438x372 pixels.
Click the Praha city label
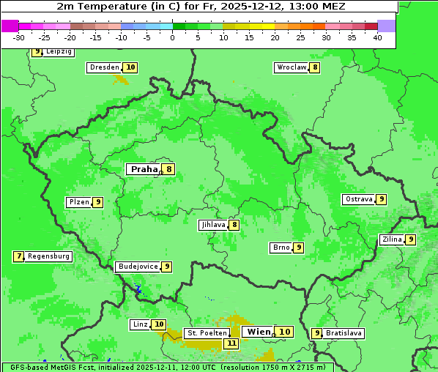[144, 169]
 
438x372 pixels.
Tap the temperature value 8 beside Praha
[169, 169]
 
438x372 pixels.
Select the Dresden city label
[104, 67]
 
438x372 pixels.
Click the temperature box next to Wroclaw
[315, 67]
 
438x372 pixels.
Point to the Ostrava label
[359, 199]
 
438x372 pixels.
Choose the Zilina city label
[392, 239]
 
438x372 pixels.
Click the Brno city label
[281, 248]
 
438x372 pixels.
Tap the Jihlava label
[213, 225]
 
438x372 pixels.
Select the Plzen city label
[78, 202]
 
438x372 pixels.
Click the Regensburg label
[49, 256]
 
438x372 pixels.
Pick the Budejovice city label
[138, 267]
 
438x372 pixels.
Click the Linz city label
[140, 324]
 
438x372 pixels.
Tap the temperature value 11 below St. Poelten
[231, 343]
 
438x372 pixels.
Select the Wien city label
[259, 332]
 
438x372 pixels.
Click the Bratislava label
[344, 333]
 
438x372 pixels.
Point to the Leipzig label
[59, 52]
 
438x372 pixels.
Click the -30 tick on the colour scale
[19, 37]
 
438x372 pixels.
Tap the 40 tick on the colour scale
[377, 37]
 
